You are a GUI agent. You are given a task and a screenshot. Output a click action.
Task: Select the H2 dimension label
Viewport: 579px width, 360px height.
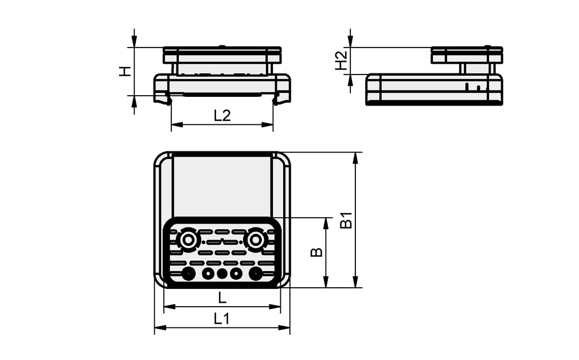[x=341, y=60]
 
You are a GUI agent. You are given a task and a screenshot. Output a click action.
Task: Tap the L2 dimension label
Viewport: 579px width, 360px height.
[x=222, y=115]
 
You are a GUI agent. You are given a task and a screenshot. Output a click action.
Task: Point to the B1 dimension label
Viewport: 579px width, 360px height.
[x=346, y=220]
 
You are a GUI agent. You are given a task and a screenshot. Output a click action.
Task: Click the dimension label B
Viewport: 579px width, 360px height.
[x=316, y=252]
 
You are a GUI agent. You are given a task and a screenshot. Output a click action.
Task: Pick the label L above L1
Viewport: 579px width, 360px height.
[x=222, y=298]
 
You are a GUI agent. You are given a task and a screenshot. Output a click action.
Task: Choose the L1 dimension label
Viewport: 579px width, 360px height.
[x=222, y=319]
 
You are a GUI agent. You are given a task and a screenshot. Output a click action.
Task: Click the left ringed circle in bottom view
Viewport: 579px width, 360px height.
[x=188, y=238]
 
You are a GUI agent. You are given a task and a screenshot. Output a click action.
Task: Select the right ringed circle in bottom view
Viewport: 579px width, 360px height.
[x=256, y=238]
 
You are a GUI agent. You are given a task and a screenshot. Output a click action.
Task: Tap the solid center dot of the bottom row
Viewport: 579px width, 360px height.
[x=222, y=273]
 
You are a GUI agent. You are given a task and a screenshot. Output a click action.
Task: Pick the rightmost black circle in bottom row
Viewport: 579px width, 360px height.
[x=256, y=273]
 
